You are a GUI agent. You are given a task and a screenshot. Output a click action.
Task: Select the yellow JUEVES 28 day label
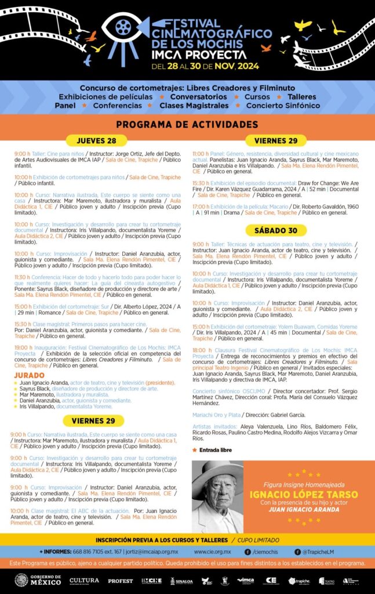point(96,141)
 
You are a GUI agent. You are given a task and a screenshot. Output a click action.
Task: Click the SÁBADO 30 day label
point(276,230)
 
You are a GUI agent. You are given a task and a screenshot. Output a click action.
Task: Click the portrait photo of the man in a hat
point(217,497)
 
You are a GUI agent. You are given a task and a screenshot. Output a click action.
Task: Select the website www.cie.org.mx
point(213,551)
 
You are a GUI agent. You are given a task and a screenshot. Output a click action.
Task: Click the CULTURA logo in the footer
point(84,579)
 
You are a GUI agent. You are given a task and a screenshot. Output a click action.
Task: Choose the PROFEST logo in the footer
point(120,580)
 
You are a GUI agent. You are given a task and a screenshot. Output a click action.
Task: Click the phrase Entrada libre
point(215,450)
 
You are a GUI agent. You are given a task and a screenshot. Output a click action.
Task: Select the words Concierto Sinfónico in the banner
point(283,106)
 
